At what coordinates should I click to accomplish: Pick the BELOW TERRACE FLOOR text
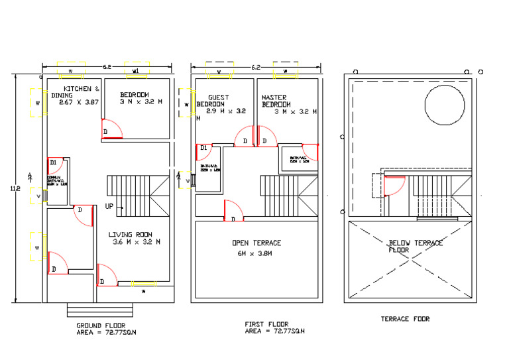[x=415, y=246]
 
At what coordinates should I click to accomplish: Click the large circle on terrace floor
[x=444, y=105]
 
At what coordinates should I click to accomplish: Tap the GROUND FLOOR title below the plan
[x=97, y=326]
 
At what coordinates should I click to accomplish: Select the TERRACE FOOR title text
[x=405, y=319]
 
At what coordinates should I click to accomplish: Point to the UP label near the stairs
[x=109, y=206]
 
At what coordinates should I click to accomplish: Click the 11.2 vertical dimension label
[x=15, y=188]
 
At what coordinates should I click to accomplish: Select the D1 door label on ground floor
[x=52, y=162]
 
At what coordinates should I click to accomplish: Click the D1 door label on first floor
[x=204, y=147]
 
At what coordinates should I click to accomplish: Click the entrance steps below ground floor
[x=99, y=309]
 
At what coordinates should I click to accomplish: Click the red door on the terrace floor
[x=394, y=187]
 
